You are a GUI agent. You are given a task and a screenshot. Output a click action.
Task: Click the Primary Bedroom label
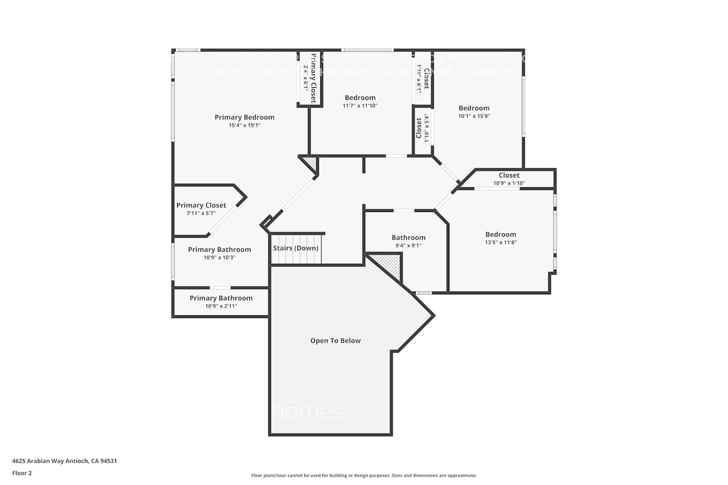[245, 117]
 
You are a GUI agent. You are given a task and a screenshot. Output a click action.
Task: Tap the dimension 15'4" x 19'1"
[245, 125]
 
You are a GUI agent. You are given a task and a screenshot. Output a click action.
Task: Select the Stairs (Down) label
[296, 248]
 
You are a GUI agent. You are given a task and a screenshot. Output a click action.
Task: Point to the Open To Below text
[335, 341]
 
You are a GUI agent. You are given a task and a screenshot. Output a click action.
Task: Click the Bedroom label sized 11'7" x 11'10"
[360, 98]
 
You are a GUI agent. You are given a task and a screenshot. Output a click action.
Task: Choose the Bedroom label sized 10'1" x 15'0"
[474, 108]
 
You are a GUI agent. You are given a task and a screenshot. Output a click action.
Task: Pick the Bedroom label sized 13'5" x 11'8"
[500, 235]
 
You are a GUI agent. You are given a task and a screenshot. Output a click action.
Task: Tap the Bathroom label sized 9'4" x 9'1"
[408, 238]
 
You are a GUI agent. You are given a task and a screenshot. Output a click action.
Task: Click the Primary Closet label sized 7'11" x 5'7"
[201, 206]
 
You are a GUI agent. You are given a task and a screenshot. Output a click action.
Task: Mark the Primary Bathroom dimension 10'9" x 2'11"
[221, 306]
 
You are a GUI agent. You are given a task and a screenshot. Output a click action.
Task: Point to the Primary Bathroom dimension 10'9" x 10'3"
[219, 258]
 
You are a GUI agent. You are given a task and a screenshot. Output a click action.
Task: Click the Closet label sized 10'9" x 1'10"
[509, 176]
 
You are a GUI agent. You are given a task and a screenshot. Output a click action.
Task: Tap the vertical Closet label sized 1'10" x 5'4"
[419, 128]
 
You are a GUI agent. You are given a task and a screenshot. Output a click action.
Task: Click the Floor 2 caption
[22, 473]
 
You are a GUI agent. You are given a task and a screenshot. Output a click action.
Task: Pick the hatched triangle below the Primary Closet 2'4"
[311, 163]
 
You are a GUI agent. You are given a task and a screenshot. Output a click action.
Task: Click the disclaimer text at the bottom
[364, 476]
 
